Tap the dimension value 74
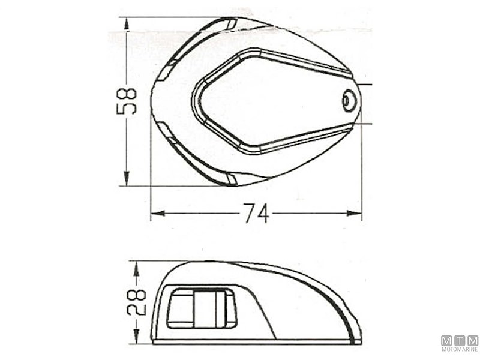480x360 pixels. (256, 213)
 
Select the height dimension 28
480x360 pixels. (137, 303)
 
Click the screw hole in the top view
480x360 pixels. (349, 100)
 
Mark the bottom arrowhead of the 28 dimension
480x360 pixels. (136, 339)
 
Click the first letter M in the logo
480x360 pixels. (446, 340)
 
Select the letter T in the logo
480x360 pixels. (460, 340)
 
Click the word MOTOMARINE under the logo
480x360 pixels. (460, 349)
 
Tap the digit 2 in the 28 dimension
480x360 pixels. (137, 310)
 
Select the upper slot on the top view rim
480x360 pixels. (230, 24)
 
